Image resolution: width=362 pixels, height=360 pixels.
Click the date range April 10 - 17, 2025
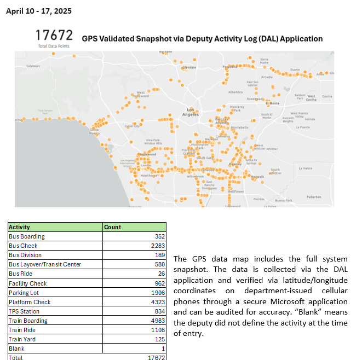pos(38,11)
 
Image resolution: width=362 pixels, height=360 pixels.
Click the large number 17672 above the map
pos(54,36)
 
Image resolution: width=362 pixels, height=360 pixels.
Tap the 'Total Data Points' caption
pos(50,47)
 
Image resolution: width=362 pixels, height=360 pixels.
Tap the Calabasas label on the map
pos(33,66)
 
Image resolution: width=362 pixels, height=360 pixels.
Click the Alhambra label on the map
pos(235,92)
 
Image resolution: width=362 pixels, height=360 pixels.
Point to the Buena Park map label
pos(283,201)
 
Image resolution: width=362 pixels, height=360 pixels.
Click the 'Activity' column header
pos(20,227)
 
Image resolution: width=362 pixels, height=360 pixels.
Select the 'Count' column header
pos(112,227)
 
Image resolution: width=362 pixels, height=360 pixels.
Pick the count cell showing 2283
pos(158,246)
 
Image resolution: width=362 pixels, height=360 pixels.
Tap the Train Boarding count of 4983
pos(158,321)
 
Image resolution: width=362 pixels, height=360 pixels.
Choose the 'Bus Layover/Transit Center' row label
pos(45,264)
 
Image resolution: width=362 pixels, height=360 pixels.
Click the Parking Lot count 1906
pos(158,293)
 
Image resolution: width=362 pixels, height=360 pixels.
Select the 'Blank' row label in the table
pos(16,349)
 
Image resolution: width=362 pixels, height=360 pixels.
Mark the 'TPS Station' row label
pos(24,311)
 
